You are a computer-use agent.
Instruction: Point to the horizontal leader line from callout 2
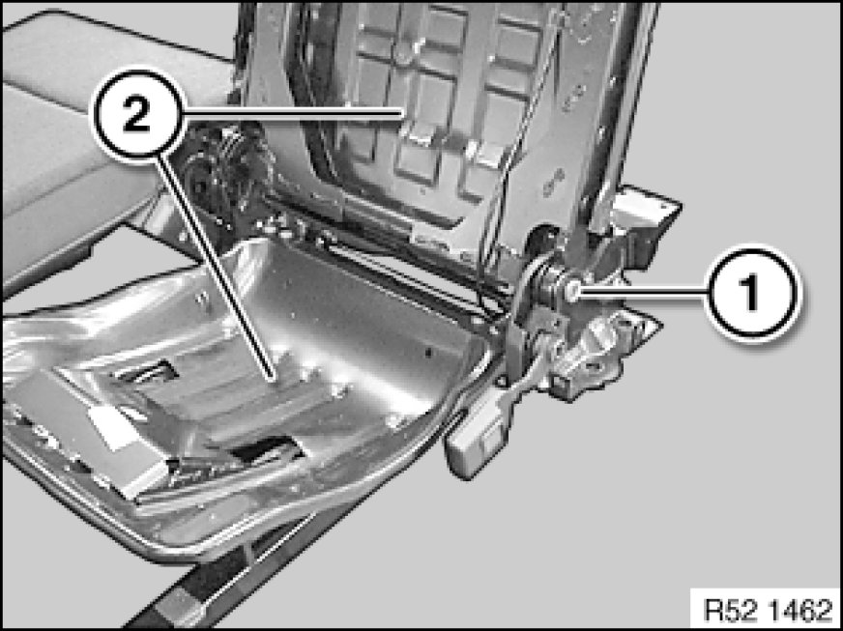(x=294, y=112)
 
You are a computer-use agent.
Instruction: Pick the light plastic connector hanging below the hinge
(x=476, y=433)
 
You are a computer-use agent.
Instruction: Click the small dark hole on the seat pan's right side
(x=428, y=353)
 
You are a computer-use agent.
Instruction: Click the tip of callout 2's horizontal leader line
(x=402, y=112)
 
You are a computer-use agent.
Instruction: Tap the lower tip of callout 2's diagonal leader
(x=276, y=380)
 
